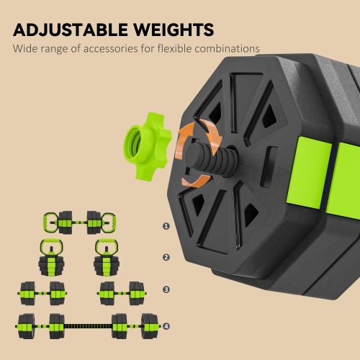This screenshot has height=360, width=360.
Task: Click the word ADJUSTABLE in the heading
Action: point(71,30)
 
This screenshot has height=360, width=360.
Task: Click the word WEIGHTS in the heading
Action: point(174,30)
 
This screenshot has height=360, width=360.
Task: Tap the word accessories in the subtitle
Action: point(110,49)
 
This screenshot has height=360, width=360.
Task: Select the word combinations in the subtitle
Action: point(227,49)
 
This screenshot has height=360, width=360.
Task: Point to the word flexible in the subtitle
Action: point(175,49)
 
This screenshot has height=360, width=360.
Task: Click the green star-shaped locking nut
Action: point(148,146)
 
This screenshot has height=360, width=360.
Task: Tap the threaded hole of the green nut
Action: point(133,143)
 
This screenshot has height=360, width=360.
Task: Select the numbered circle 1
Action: point(166,226)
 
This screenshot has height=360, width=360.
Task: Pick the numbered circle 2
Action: point(166,258)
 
